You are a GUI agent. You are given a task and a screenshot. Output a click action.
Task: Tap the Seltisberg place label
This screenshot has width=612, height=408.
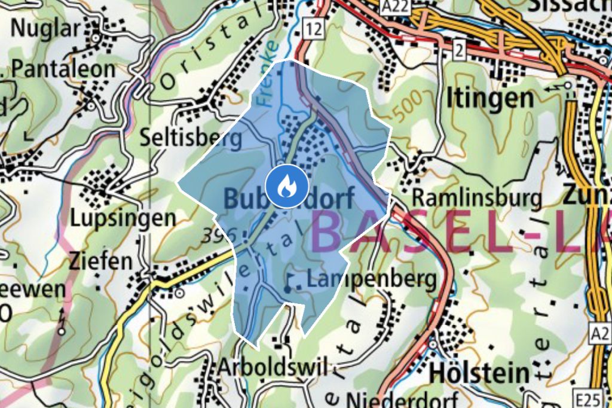point(191,139)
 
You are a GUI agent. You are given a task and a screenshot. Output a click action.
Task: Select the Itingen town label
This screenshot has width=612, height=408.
point(489,99)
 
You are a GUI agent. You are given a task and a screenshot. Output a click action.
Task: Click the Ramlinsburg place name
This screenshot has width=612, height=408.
point(477,197)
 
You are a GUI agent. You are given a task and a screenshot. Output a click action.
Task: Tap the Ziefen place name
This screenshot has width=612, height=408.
point(100,261)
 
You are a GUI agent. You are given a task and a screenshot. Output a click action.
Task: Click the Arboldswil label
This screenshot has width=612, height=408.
point(273,367)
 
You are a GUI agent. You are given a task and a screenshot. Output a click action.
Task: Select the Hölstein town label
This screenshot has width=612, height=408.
point(479,373)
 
